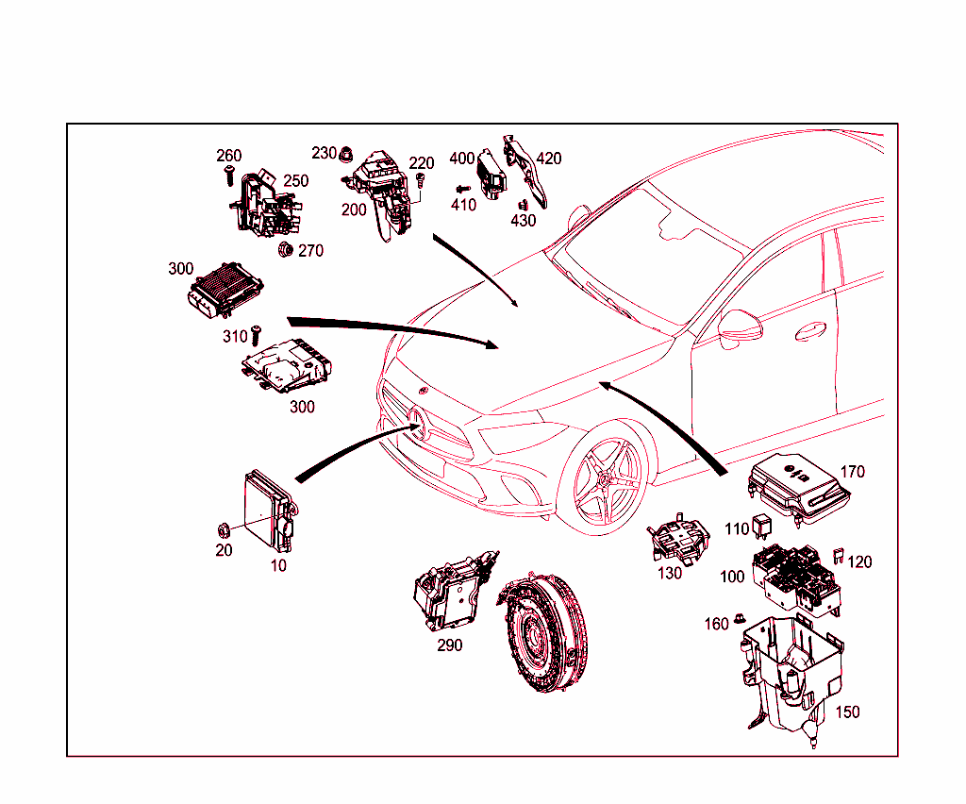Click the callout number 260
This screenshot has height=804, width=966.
[229, 156]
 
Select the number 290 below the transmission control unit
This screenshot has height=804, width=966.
[449, 645]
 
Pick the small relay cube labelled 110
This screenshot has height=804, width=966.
[763, 530]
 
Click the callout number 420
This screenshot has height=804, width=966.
[548, 158]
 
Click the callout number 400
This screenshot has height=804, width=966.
[462, 158]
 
